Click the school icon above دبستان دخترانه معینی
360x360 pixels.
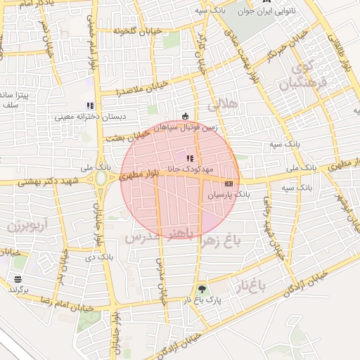(x=90, y=105)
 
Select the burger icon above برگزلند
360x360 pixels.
(x=17, y=279)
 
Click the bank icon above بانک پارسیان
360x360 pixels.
(x=229, y=183)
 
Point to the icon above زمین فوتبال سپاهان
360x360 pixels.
(x=185, y=117)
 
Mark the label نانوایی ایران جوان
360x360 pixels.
(x=271, y=11)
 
